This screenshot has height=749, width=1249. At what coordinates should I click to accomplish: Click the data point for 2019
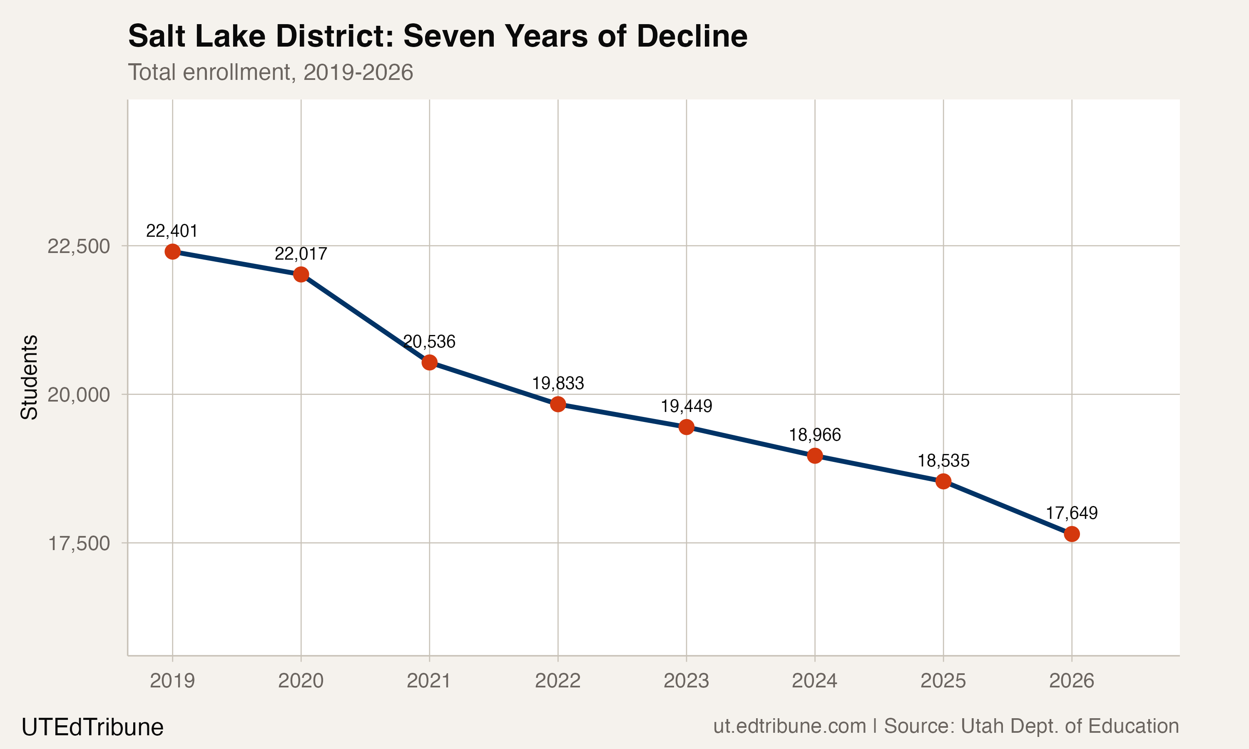pyautogui.click(x=173, y=251)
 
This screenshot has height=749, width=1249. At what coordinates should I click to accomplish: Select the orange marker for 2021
pyautogui.click(x=429, y=362)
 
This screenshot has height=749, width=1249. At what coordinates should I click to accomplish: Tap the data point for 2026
pyautogui.click(x=1072, y=534)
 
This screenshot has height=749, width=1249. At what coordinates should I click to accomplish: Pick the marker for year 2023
pyautogui.click(x=686, y=427)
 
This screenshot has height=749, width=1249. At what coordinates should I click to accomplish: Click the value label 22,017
pyautogui.click(x=301, y=254)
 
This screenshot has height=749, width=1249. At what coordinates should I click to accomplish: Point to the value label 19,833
pyautogui.click(x=558, y=384)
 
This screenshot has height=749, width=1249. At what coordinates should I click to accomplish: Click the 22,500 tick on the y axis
pyautogui.click(x=78, y=246)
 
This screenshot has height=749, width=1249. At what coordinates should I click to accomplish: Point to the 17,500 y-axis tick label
pyautogui.click(x=78, y=543)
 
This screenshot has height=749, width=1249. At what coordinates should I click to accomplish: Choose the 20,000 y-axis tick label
pyautogui.click(x=78, y=395)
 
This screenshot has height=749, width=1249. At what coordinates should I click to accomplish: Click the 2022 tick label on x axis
pyautogui.click(x=558, y=681)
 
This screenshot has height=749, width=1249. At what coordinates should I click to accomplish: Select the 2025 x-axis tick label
pyautogui.click(x=943, y=681)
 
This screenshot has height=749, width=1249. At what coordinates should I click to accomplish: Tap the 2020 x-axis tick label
pyautogui.click(x=301, y=681)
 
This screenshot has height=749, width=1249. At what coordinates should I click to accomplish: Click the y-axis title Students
pyautogui.click(x=29, y=377)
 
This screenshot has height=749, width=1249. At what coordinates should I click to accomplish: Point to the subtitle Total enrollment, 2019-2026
pyautogui.click(x=271, y=72)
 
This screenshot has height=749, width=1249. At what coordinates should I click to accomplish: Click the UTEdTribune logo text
pyautogui.click(x=92, y=727)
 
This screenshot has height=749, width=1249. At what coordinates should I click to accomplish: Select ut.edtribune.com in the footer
pyautogui.click(x=789, y=726)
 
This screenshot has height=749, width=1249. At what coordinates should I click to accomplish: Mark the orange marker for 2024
pyautogui.click(x=815, y=456)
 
